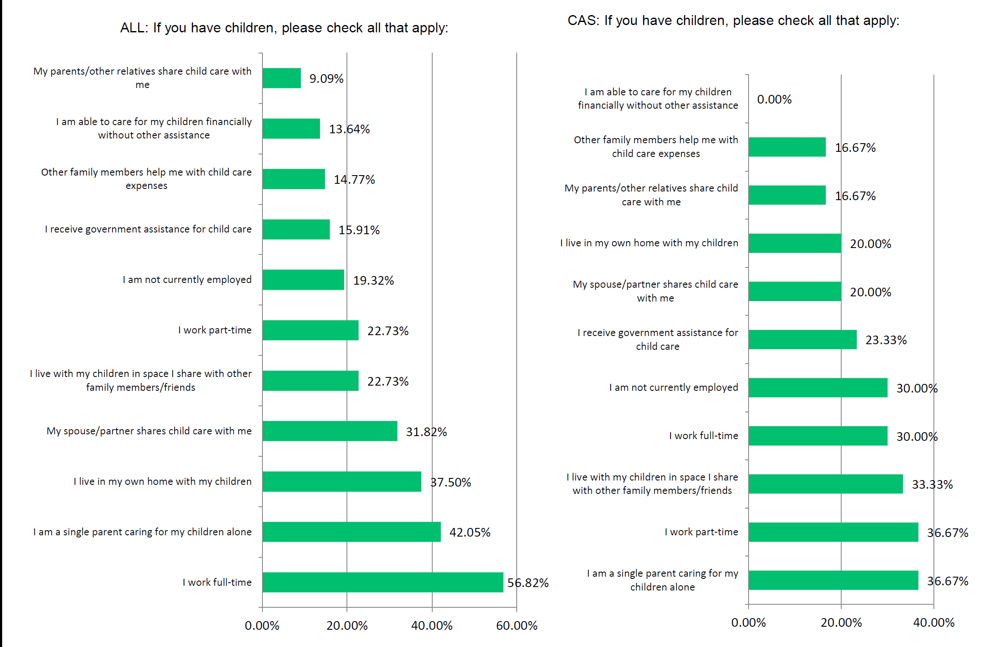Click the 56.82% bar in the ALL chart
382,582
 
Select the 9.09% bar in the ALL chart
281,78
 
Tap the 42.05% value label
470,532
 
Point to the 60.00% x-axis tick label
516,625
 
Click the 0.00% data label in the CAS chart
774,100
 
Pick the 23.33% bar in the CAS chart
802,339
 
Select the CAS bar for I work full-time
818,436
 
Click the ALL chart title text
284,28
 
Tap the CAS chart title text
733,21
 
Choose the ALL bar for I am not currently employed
303,280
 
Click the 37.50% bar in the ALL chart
341,481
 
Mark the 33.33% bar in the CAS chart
825,484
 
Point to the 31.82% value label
426,432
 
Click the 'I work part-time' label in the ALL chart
215,330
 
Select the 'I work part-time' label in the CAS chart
701,532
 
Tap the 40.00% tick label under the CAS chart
933,622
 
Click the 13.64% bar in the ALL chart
291,129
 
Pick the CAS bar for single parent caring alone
833,580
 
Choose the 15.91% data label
359,230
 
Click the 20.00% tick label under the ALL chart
347,625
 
